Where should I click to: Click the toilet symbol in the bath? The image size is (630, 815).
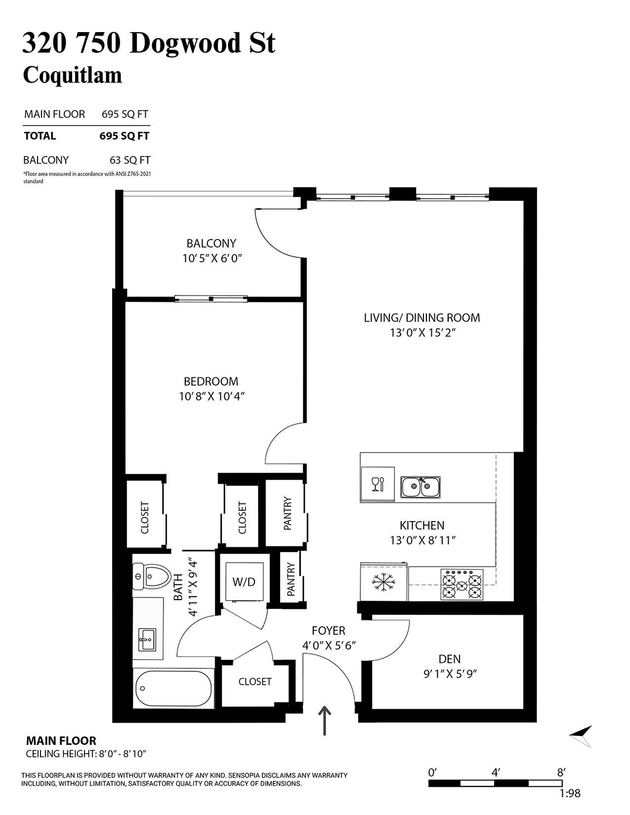[x=151, y=575]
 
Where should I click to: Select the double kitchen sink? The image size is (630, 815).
[x=420, y=487]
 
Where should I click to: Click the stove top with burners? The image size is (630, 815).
[x=462, y=585]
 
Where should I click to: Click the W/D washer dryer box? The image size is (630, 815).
[x=244, y=581]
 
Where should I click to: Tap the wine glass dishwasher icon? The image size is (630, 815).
[x=378, y=484]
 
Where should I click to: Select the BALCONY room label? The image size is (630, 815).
[x=211, y=243]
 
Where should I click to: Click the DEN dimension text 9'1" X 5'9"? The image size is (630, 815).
[x=450, y=674]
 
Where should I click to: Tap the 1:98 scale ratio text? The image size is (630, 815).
[x=570, y=794]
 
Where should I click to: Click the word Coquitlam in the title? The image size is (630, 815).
[x=72, y=75]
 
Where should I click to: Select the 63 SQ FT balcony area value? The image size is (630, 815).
[x=129, y=160]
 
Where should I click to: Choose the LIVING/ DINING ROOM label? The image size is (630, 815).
[x=421, y=318]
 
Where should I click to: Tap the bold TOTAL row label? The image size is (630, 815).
[x=40, y=136]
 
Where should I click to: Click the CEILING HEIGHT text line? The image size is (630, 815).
[x=86, y=754]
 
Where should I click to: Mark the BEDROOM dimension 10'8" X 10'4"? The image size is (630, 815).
[x=212, y=396]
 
